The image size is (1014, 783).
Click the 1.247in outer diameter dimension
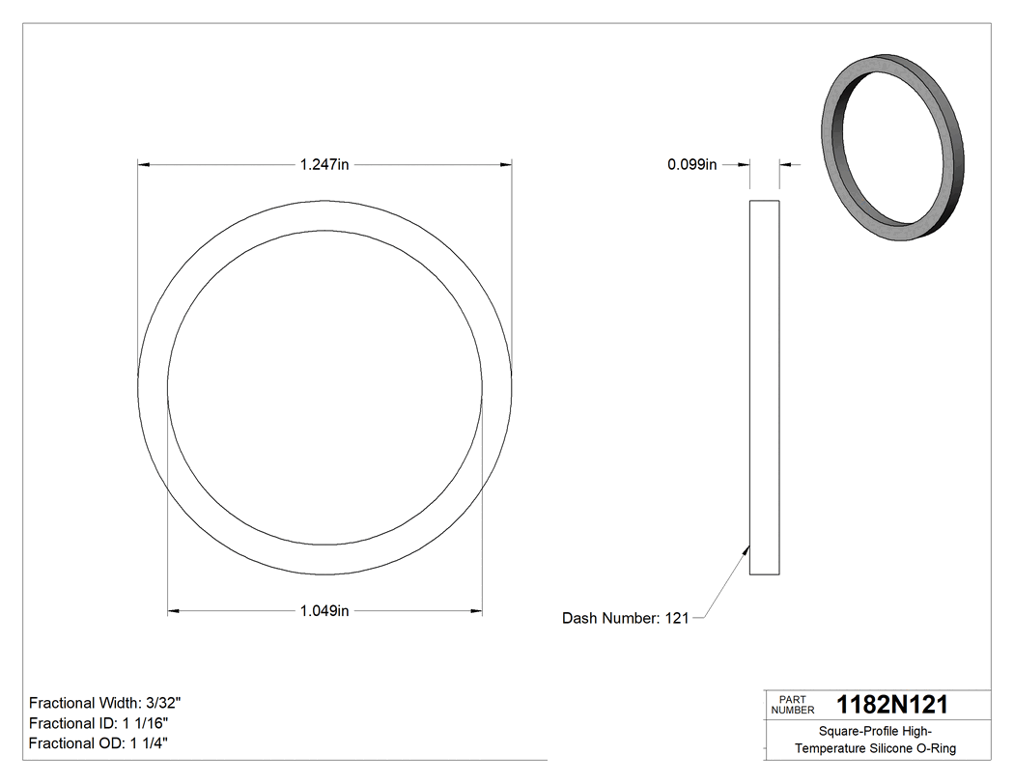(x=324, y=165)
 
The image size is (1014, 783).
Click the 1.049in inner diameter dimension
(x=324, y=610)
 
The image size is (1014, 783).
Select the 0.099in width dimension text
(x=691, y=165)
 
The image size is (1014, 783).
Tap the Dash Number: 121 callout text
(x=625, y=618)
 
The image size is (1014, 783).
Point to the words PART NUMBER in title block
(x=792, y=704)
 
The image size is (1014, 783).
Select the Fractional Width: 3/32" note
(x=105, y=703)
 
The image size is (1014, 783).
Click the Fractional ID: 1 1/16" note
(x=100, y=723)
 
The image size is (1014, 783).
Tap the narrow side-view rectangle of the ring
(x=764, y=387)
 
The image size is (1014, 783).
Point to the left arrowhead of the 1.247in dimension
(x=144, y=165)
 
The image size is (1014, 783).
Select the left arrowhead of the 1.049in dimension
(x=174, y=610)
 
